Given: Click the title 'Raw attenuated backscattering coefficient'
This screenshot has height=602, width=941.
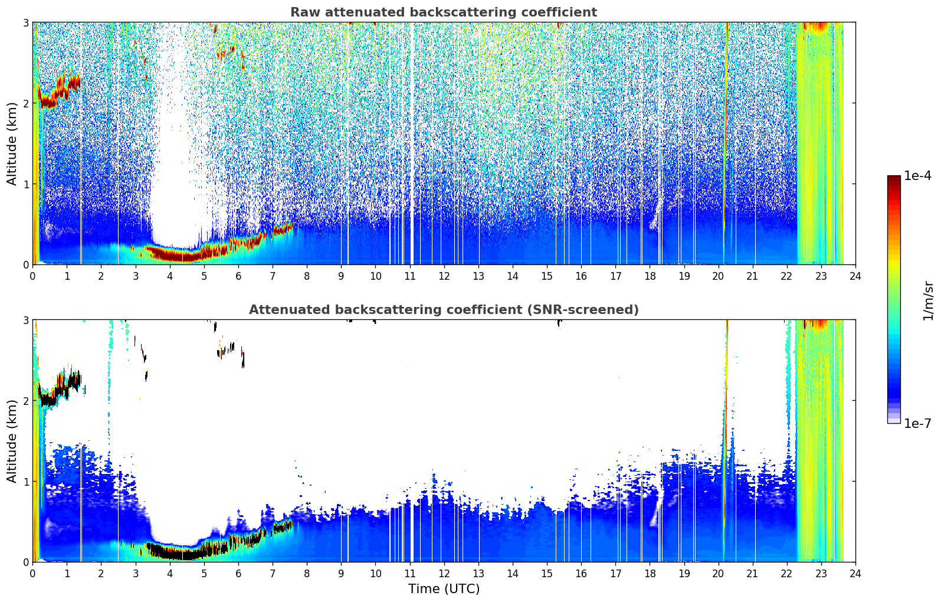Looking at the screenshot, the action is [x=444, y=12].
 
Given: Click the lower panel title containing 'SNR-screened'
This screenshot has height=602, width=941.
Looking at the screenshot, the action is [x=444, y=309].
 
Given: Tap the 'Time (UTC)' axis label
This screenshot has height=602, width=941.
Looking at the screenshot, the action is [x=444, y=588].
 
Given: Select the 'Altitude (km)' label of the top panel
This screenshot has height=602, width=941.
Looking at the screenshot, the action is [x=12, y=144].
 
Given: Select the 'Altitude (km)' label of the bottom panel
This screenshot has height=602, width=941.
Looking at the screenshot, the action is [x=12, y=441].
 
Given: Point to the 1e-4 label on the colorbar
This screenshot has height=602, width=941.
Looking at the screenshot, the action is [x=917, y=175].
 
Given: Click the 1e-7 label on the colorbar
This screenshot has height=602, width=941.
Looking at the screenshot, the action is [x=917, y=423].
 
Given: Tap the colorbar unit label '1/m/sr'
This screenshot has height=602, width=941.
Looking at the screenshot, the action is [x=928, y=301].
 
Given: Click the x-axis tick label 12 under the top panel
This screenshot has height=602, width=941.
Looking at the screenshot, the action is [x=444, y=276].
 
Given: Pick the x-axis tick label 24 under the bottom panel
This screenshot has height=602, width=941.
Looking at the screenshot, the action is [x=855, y=574].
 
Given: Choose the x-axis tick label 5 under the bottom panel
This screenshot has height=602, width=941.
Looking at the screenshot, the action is [x=204, y=574].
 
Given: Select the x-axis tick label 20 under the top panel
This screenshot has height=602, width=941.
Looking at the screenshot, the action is [x=719, y=276].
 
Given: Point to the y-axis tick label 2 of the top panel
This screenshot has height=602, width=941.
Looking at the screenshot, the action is [x=25, y=103].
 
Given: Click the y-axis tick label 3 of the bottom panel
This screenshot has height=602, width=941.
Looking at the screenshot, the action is [x=25, y=320].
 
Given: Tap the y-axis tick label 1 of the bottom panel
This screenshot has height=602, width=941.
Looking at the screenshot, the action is [x=25, y=482].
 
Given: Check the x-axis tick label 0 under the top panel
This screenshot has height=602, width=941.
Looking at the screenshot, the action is [x=33, y=276].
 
